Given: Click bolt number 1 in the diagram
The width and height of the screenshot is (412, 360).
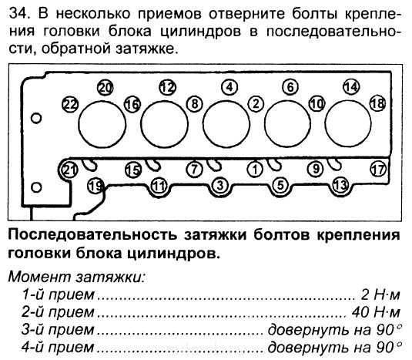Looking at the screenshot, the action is tap(255, 169).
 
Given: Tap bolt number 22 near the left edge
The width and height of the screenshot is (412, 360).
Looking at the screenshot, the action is tap(70, 104).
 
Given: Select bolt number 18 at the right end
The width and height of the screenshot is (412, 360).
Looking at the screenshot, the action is tap(377, 103).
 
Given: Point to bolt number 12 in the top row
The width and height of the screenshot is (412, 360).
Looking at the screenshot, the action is tap(168, 87).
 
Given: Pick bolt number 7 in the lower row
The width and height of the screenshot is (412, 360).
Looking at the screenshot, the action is tap(194, 169).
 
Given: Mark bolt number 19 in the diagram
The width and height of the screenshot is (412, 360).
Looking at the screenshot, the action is tap(95, 186).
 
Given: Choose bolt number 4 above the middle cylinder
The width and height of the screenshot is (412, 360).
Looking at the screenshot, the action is tap(229, 87).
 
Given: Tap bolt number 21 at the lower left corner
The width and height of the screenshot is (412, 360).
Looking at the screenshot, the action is tap(69, 170).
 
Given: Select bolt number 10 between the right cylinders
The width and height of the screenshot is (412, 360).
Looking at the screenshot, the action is tap(317, 103).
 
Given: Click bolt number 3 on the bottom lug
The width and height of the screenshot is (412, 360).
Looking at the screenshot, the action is tap(220, 185).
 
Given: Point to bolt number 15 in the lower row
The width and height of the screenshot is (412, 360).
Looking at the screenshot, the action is tap(133, 170).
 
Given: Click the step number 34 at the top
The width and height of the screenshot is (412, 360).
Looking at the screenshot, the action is tap(19, 13).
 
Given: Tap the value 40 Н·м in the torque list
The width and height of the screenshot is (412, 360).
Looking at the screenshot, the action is tap(376, 312).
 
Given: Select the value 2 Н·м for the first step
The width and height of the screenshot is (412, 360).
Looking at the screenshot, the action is tap(380, 294).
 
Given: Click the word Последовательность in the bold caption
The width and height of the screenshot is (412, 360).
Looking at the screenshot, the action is tap(92, 235).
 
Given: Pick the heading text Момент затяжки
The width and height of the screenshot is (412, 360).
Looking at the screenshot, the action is tap(77, 277).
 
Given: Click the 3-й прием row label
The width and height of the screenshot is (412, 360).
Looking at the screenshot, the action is tap(58, 330).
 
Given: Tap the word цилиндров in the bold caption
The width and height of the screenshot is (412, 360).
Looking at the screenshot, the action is tap(173, 254).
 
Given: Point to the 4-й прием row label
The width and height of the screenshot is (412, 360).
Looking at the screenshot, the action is tap(58, 347).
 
